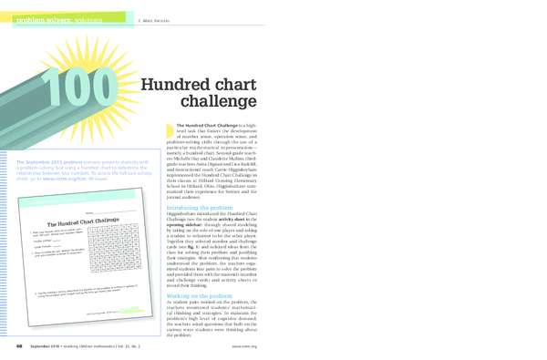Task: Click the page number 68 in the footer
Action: pyautogui.click(x=17, y=346)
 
